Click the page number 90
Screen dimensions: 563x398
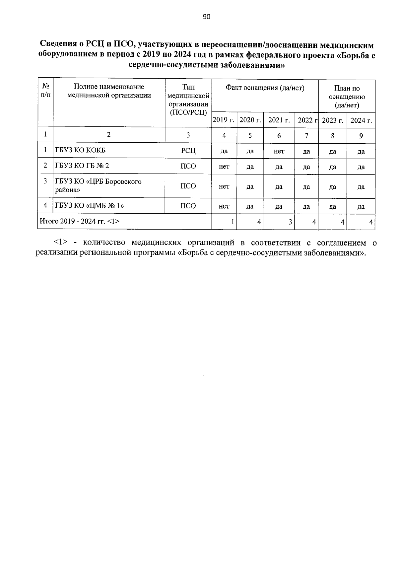pyautogui.click(x=206, y=17)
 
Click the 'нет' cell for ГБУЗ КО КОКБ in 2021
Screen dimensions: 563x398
pyautogui.click(x=279, y=151)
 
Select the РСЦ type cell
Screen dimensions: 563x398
pyautogui.click(x=188, y=151)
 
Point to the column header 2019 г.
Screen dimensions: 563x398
pyautogui.click(x=224, y=120)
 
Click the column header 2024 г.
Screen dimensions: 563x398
pyautogui.click(x=361, y=120)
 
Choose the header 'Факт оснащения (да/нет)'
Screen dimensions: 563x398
pyautogui.click(x=265, y=88)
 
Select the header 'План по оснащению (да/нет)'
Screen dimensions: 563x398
pyautogui.click(x=347, y=97)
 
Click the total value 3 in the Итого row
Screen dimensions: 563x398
pyautogui.click(x=290, y=222)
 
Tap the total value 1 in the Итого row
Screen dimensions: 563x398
pyautogui.click(x=233, y=222)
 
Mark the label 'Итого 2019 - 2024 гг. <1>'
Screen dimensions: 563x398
pyautogui.click(x=80, y=221)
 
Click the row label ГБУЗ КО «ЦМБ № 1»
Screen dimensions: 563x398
pyautogui.click(x=90, y=206)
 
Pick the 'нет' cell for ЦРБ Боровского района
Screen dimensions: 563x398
pyautogui.click(x=224, y=186)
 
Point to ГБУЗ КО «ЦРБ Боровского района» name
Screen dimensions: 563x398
pyautogui.click(x=98, y=186)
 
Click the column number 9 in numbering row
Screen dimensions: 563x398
pyautogui.click(x=361, y=135)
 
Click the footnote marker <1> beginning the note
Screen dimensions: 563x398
pyautogui.click(x=61, y=243)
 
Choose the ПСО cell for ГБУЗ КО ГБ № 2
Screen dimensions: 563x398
pyautogui.click(x=188, y=166)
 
